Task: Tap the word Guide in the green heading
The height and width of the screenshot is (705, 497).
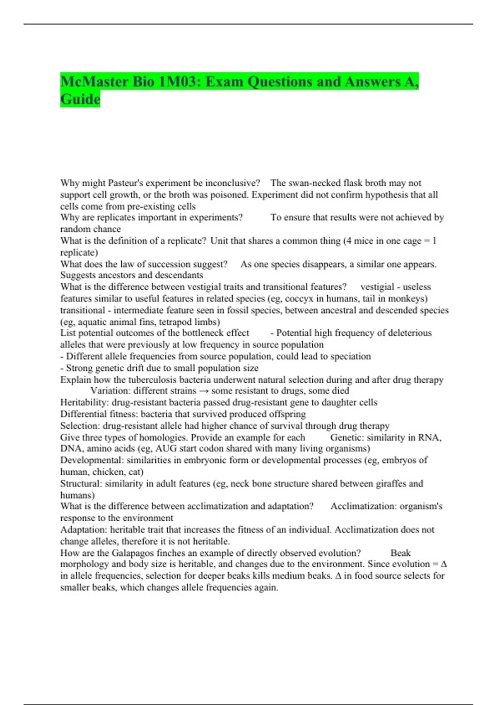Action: coord(80,100)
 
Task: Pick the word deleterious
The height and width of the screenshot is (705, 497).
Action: coord(408,333)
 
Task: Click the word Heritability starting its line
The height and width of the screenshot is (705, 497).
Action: coord(84,402)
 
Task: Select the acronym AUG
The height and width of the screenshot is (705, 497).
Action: coord(166,448)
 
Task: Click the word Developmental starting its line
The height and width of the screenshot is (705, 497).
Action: coord(92,460)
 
